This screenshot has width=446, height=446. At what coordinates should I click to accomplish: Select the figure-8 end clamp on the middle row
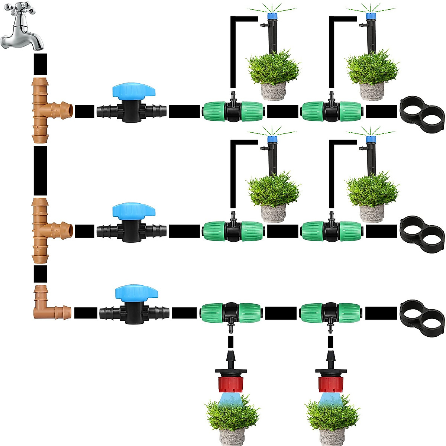[422, 229]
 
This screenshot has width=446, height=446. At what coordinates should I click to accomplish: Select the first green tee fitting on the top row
[233, 110]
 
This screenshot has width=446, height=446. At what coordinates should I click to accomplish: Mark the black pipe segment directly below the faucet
[40, 64]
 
